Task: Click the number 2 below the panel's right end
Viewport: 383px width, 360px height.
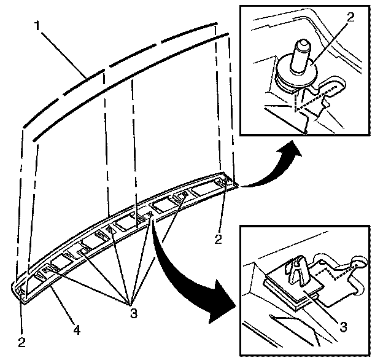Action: [219, 237]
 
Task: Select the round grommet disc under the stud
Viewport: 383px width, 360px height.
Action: [296, 69]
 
